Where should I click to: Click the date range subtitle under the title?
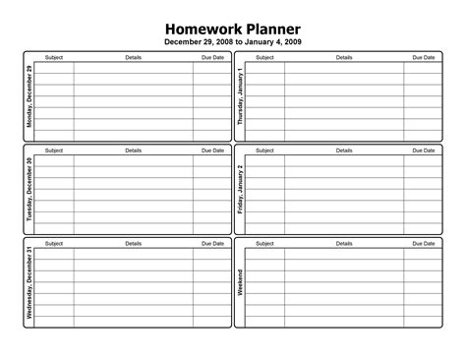point(232,42)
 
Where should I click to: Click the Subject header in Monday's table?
point(54,58)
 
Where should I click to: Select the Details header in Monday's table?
point(134,58)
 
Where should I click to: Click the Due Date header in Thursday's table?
point(423,58)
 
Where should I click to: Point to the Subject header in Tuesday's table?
point(54,150)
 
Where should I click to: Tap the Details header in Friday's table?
point(344,150)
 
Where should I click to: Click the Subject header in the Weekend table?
point(264,243)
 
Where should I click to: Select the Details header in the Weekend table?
point(344,243)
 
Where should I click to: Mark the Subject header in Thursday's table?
point(264,58)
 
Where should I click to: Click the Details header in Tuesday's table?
point(134,150)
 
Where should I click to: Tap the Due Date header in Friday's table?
point(423,150)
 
